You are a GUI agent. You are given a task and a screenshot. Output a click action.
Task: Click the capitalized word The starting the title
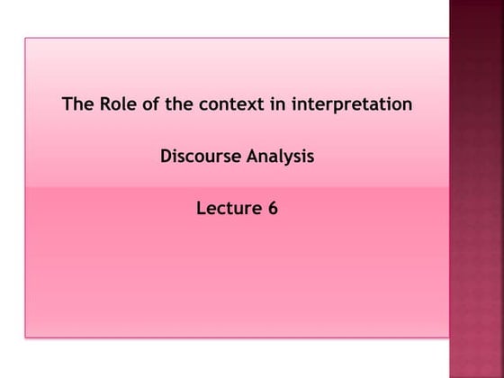pos(78,104)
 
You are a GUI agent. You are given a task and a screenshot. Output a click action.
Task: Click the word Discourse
pos(201,156)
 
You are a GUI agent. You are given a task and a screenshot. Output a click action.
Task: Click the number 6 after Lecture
pos(273,208)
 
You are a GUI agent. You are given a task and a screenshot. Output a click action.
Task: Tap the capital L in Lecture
pos(201,208)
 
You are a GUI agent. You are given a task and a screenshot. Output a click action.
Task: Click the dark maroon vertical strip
pos(477,189)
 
